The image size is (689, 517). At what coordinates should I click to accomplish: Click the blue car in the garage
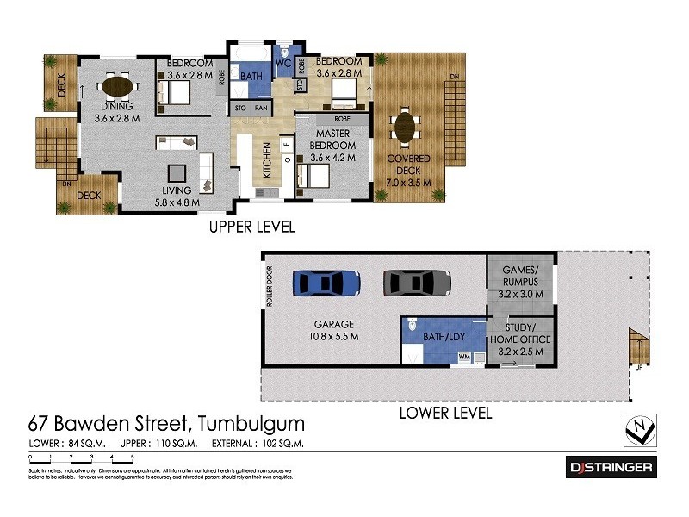[x=326, y=283]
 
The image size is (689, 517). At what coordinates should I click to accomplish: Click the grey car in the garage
[x=417, y=283]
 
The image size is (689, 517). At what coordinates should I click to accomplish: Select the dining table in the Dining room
[x=118, y=86]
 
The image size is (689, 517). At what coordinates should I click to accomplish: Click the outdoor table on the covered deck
[x=404, y=128]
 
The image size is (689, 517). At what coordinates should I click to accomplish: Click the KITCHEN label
[x=267, y=160]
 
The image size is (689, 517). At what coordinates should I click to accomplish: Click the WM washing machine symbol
[x=465, y=356]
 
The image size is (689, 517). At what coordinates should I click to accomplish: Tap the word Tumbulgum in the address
[x=251, y=424]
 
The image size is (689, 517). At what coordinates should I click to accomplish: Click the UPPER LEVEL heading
[x=252, y=227]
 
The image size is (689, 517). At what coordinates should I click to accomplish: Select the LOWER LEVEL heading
[x=445, y=414]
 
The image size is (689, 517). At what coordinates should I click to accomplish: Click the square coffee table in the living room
[x=177, y=171]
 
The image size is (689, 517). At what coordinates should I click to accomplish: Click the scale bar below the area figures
[x=81, y=458]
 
